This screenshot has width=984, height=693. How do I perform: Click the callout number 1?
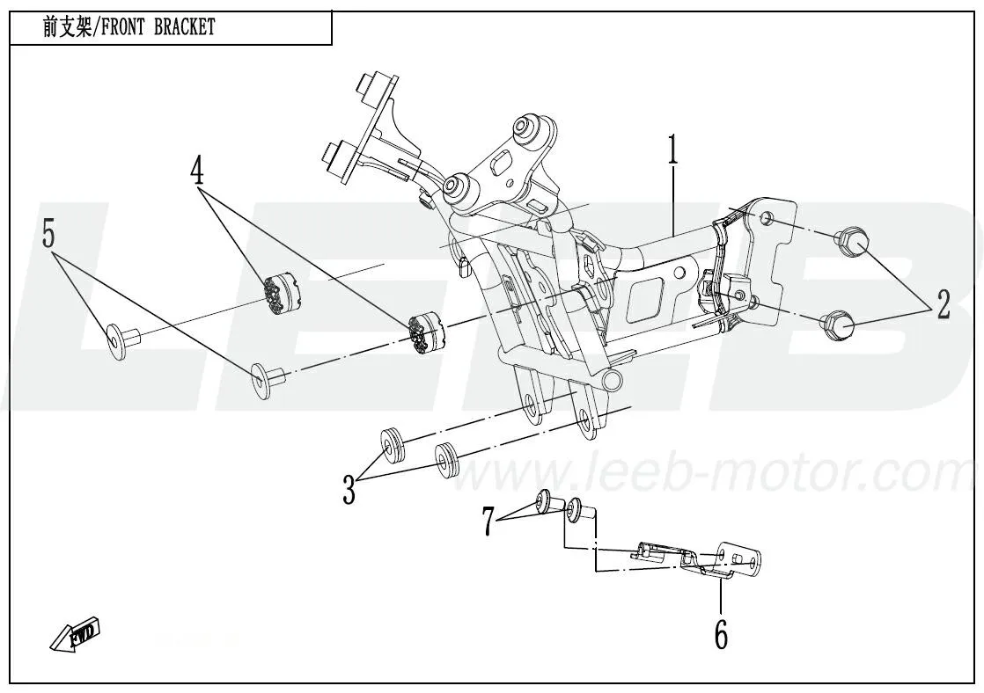673,151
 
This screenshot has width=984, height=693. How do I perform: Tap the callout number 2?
943,304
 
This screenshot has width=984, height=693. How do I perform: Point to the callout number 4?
197,171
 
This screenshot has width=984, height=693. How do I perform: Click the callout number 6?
721,633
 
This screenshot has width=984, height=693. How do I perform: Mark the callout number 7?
488,521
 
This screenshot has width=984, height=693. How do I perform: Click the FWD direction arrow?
75,636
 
